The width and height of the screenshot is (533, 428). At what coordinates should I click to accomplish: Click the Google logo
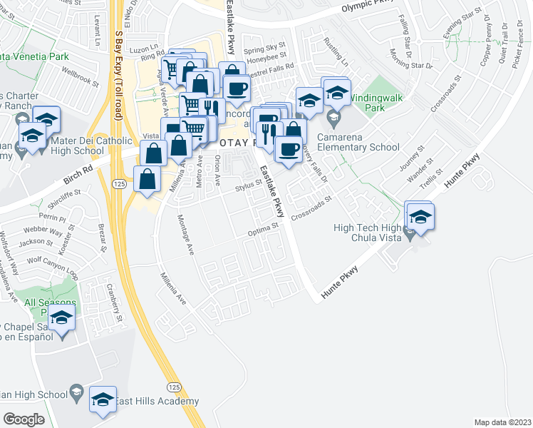click(x=24, y=419)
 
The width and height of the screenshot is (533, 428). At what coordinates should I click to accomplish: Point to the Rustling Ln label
click(x=333, y=50)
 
